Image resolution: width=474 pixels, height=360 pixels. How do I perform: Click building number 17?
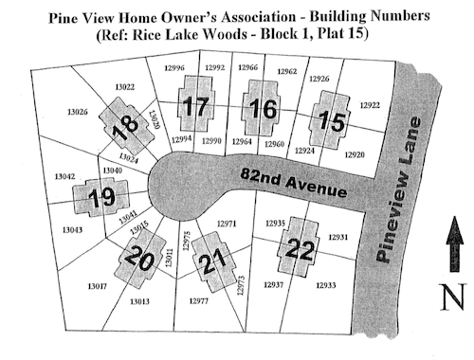[x=195, y=107]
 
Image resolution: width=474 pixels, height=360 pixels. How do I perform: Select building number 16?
[x=260, y=110]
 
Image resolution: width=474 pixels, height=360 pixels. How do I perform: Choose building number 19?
[x=100, y=198]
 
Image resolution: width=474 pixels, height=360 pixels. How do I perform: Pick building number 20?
[x=138, y=257]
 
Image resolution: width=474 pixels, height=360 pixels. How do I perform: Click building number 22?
[x=300, y=249]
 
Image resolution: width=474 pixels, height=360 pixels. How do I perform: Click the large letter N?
[x=455, y=298]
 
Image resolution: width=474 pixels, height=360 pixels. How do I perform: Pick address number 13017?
[x=98, y=286]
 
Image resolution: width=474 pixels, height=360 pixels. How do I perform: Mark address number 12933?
[x=326, y=285]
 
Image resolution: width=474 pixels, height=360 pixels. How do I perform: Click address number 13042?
[x=65, y=176]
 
